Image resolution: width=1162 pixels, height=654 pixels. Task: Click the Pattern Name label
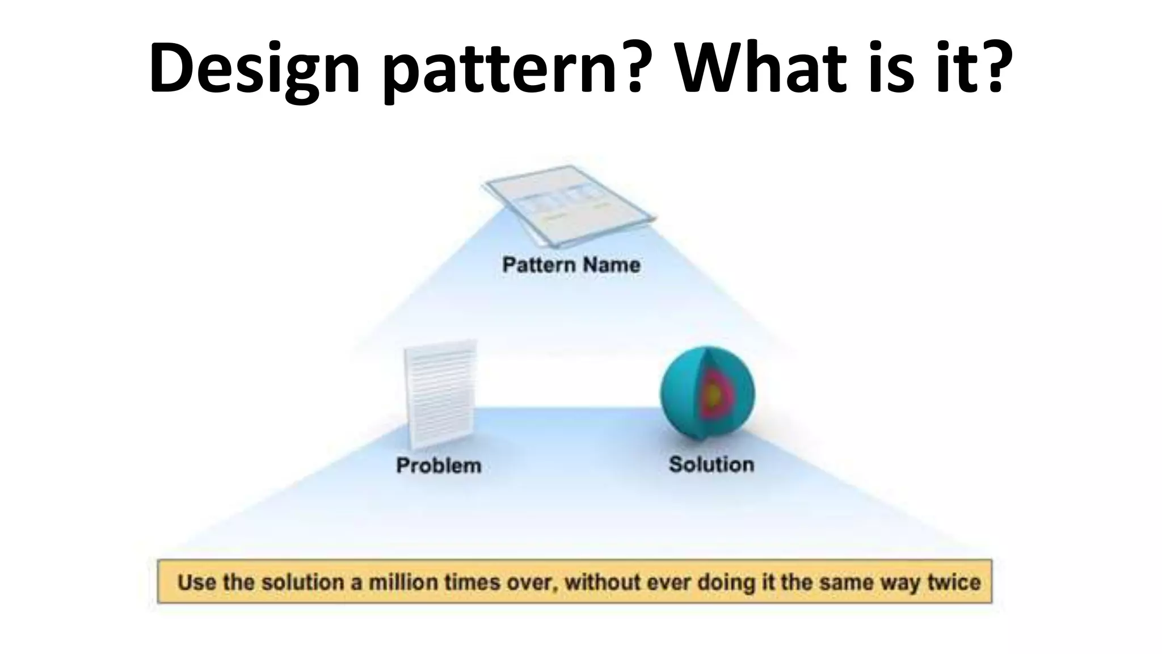click(571, 265)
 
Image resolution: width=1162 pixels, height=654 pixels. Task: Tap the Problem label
click(439, 466)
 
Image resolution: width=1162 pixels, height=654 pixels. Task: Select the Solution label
click(711, 464)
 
